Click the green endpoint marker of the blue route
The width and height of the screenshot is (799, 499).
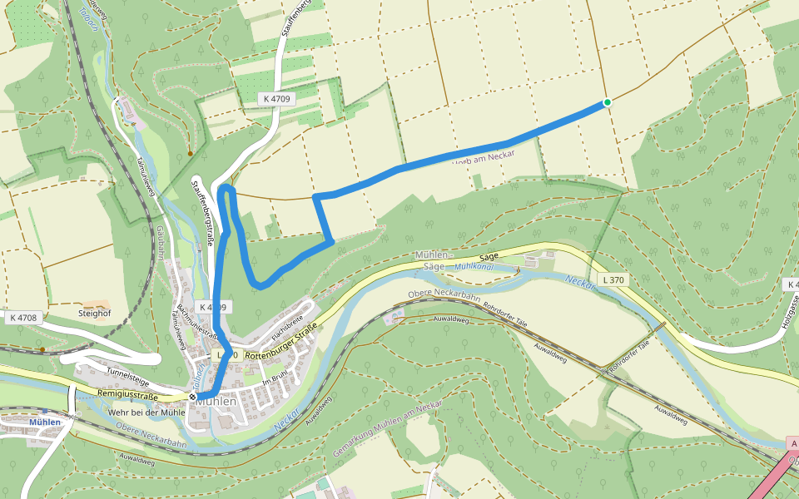click(x=608, y=102)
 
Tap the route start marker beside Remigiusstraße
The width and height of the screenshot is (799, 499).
click(x=193, y=397)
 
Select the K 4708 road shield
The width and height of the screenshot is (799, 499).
click(x=24, y=318)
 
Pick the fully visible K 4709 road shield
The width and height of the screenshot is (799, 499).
click(x=275, y=98)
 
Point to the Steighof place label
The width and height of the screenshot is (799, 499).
click(x=94, y=314)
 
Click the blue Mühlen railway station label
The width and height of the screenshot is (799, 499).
click(x=45, y=422)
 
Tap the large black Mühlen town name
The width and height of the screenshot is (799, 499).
click(x=217, y=401)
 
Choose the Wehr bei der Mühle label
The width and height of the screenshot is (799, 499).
click(x=146, y=413)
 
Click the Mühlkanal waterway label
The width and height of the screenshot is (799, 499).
click(x=474, y=267)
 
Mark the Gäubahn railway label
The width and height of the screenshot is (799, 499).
click(x=159, y=242)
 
